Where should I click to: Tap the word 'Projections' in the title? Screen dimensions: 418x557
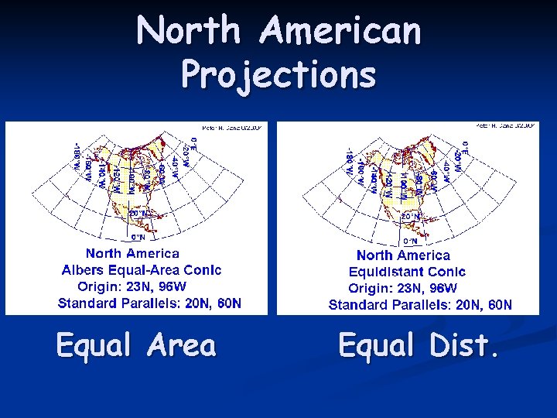(x=278, y=75)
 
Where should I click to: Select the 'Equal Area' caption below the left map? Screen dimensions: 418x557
(x=136, y=345)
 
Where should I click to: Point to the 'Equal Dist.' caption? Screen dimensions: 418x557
(x=418, y=345)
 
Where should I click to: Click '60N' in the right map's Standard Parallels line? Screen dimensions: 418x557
(x=494, y=305)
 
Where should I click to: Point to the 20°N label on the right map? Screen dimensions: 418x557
(x=410, y=217)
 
